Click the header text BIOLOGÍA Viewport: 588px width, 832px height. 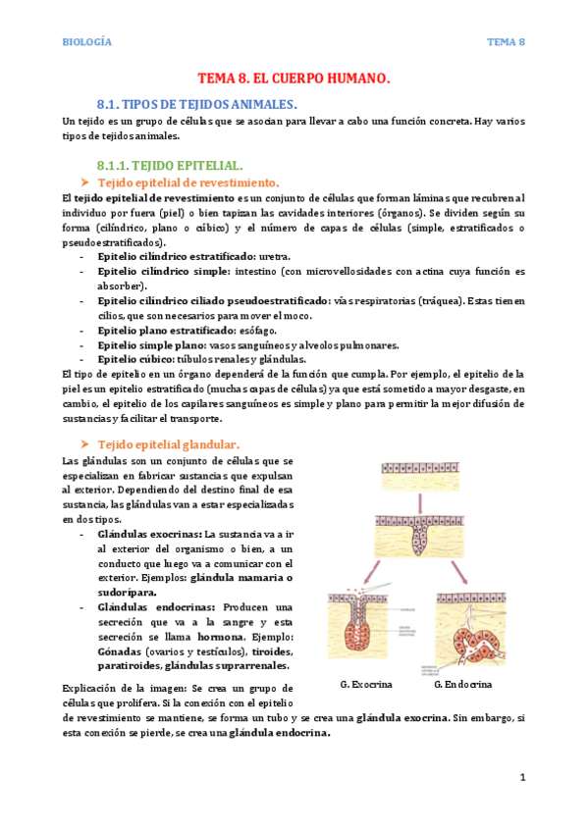tap(86, 42)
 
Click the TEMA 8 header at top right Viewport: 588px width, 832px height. tap(508, 42)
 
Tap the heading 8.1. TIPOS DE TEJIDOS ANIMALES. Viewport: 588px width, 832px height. tap(196, 103)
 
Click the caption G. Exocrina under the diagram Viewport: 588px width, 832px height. tap(366, 683)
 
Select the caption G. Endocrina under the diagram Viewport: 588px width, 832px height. tap(462, 683)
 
